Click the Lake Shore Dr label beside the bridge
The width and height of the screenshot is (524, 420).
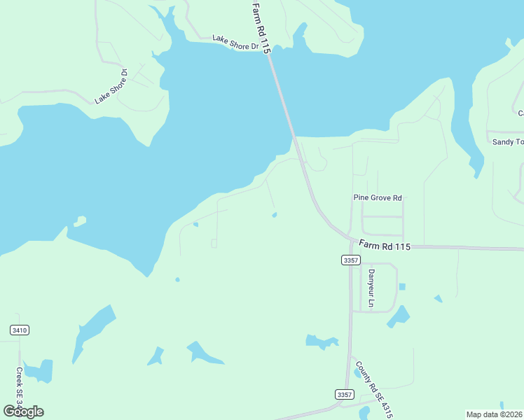tap(235, 41)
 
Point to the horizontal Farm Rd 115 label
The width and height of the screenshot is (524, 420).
tap(384, 246)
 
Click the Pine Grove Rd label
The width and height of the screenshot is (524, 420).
tap(378, 199)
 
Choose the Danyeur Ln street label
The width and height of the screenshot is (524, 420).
tap(371, 289)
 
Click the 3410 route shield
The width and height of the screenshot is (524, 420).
tap(20, 330)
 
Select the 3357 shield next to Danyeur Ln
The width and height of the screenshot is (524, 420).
tap(351, 260)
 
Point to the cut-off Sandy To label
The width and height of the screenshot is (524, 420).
tap(508, 142)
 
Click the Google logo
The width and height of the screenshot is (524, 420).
tap(24, 411)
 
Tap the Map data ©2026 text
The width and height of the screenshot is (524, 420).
tap(495, 414)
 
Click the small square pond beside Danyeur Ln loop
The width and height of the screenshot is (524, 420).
tap(402, 286)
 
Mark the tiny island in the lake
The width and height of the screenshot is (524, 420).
tap(80, 222)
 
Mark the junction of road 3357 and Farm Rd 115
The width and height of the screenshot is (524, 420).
tap(351, 244)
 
